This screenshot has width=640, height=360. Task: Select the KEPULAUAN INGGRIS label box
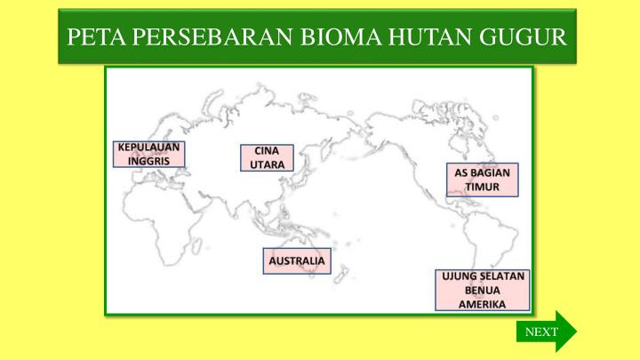pos(149,154)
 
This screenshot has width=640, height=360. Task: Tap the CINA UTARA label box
pos(267,158)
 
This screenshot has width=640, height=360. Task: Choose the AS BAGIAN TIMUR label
pos(483,180)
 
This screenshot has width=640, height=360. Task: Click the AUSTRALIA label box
pos(297,261)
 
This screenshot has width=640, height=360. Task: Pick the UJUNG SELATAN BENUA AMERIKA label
pos(483,290)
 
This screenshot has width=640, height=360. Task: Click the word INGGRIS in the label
pos(149,161)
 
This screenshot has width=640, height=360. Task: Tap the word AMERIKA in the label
pos(483,303)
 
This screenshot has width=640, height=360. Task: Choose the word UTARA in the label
pos(267,165)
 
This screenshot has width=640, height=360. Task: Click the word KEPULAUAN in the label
pos(149,148)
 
